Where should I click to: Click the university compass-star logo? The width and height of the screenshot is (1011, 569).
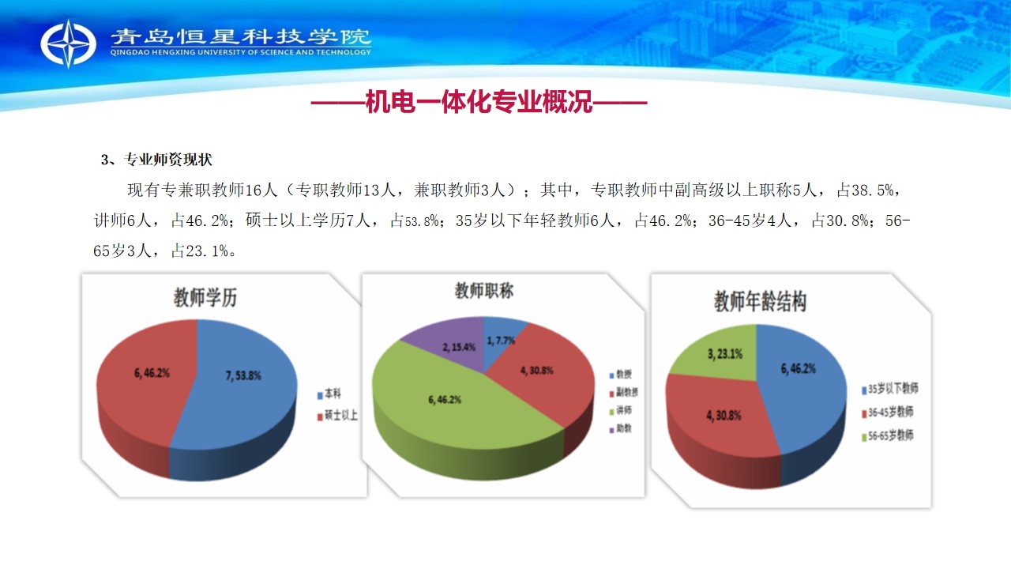click(x=68, y=43)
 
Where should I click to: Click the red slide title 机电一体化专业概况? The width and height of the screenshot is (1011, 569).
click(x=479, y=102)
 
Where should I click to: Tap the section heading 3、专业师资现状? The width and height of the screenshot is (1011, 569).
click(x=156, y=160)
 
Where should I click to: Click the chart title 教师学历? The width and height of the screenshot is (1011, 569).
click(x=205, y=298)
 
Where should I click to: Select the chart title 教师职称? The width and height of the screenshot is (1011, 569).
click(x=484, y=291)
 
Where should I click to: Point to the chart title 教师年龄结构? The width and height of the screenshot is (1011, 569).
click(x=760, y=301)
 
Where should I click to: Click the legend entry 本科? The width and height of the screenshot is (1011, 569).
click(x=329, y=394)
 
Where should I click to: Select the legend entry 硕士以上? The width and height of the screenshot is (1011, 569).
click(x=337, y=416)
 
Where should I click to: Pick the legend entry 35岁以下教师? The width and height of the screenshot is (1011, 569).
click(x=890, y=389)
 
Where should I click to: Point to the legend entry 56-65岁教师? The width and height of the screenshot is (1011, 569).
click(x=888, y=435)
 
